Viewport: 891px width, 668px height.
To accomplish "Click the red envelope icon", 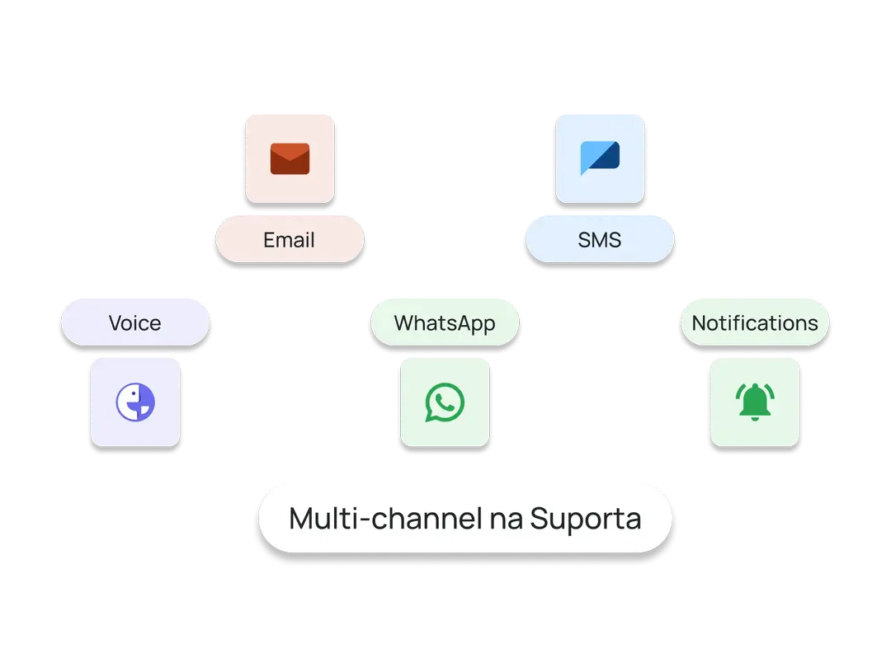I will click(290, 158).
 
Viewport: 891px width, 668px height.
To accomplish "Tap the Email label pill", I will click(290, 241).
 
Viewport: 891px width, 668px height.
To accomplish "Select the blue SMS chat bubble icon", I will click(600, 158).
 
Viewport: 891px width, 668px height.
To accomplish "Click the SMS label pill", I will click(600, 241).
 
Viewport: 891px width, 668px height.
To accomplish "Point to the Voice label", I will click(134, 322).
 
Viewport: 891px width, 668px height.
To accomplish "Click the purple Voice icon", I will click(135, 403).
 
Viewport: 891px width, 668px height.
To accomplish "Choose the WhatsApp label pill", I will click(445, 322).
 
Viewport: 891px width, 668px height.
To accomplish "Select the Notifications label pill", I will click(754, 322).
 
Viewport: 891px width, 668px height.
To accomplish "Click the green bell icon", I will click(754, 402).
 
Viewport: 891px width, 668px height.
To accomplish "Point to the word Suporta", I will click(585, 519).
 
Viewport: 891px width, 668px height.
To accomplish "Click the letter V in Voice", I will click(115, 322).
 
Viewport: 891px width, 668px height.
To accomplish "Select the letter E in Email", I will click(269, 241).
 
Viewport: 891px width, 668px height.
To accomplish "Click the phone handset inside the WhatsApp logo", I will click(445, 402).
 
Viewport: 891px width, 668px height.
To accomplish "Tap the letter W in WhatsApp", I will click(403, 322).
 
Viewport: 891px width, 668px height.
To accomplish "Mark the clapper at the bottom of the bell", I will click(754, 418).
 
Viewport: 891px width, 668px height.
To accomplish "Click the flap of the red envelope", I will click(290, 151).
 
